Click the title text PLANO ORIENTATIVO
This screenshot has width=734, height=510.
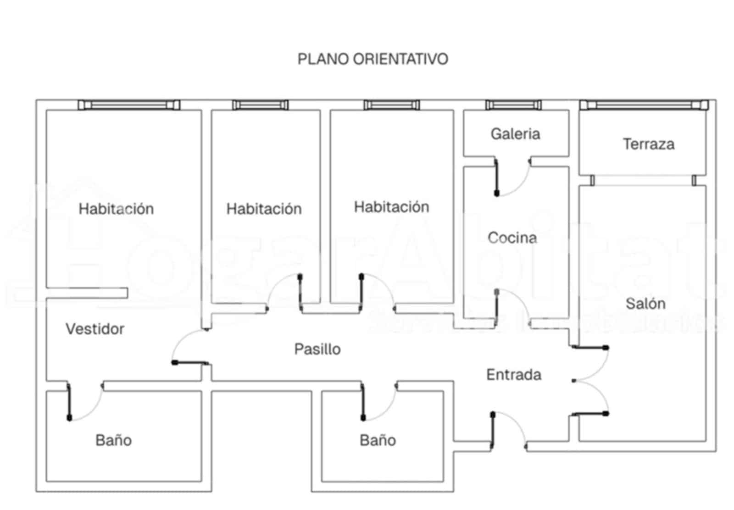coord(373,59)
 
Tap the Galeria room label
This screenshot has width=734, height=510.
coord(515,134)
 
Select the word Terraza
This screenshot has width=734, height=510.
coord(648,144)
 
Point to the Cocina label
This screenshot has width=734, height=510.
coord(512,238)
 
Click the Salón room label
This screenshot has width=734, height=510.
coord(645,303)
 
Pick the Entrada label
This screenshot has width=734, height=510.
coord(513,375)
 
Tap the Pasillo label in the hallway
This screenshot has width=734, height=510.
coord(317,349)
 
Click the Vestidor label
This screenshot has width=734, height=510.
coord(95,329)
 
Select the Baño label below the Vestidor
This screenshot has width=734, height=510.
coord(113,440)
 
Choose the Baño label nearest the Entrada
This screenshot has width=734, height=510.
coord(378,440)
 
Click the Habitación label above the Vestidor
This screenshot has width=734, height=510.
coord(116,209)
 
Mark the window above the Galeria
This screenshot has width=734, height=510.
coord(513,105)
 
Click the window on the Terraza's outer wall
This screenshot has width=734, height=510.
coord(644,105)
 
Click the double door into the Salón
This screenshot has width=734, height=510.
coord(592,381)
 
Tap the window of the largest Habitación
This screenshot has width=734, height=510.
coord(129,105)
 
